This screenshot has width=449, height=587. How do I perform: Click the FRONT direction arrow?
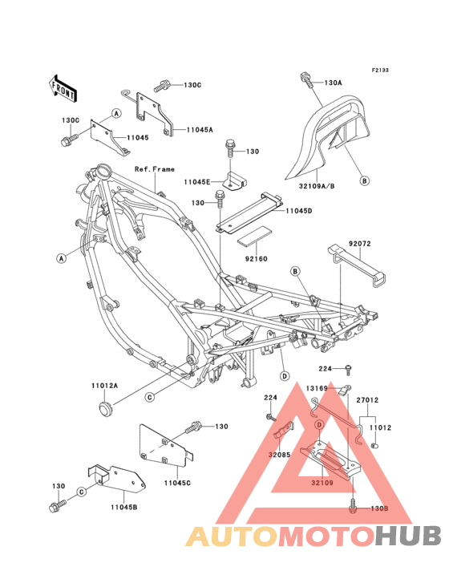(x=63, y=88)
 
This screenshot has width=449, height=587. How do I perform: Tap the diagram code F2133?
(x=380, y=70)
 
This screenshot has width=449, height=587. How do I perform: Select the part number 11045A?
(x=200, y=130)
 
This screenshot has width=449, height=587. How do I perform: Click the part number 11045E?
(x=196, y=182)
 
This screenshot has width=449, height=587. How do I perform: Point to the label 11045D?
(x=299, y=211)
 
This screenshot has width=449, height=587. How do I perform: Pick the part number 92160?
(x=257, y=259)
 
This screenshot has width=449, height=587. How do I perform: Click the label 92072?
(x=360, y=243)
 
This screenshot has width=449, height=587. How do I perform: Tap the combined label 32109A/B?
(x=317, y=186)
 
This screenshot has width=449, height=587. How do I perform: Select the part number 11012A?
(x=105, y=385)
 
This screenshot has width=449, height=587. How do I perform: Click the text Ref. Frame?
(x=155, y=169)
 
